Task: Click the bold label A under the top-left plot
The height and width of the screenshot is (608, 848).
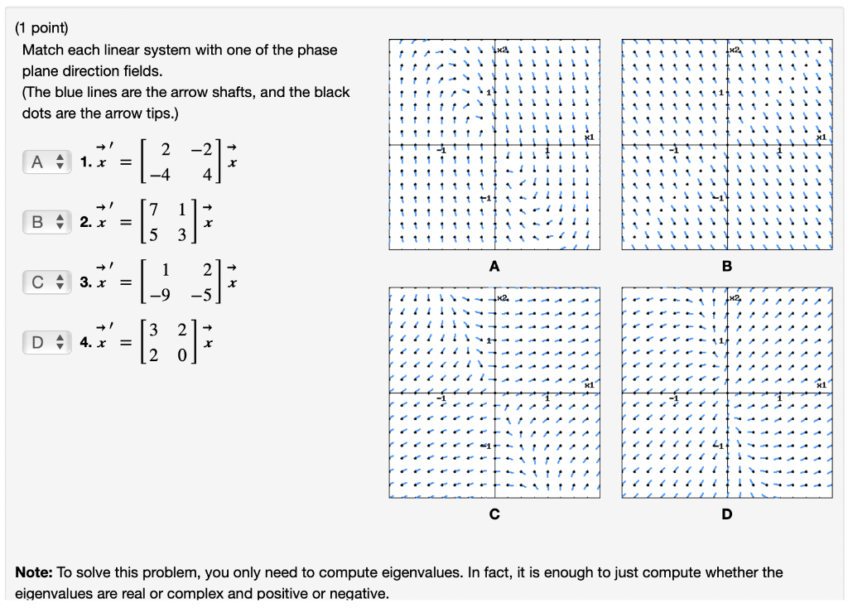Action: point(494,267)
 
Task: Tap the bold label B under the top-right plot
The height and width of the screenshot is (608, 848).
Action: point(727,267)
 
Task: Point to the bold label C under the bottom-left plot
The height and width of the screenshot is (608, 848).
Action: point(494,514)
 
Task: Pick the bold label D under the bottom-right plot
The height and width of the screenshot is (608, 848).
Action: point(727,514)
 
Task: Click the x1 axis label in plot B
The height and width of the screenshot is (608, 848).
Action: point(821,137)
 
